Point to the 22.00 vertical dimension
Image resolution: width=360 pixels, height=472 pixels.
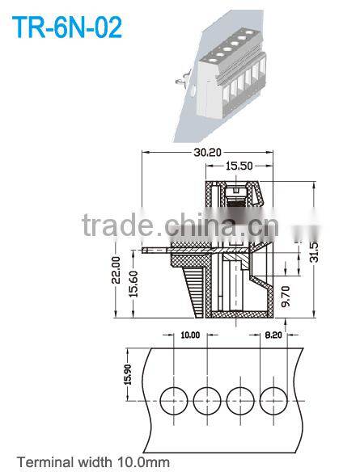[x=116, y=271]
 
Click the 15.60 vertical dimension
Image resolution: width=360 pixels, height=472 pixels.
[x=134, y=282]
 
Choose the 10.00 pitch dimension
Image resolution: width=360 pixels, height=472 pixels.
[x=189, y=335]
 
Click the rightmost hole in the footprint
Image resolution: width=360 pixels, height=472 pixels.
[x=273, y=398]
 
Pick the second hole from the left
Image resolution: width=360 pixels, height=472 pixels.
[x=207, y=398]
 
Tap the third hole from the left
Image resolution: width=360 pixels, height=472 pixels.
[x=239, y=398]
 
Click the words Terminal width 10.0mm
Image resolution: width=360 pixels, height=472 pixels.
[x=93, y=463]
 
